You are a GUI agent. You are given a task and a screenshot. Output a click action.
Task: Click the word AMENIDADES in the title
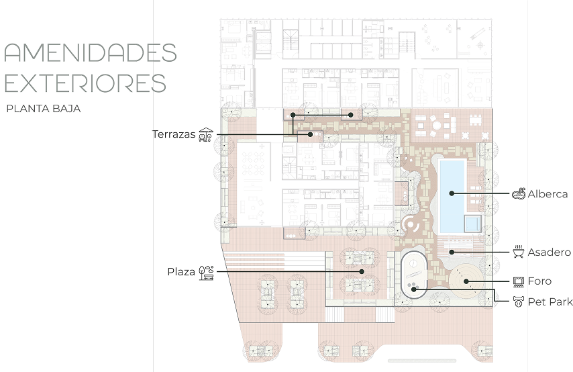[x=91, y=52]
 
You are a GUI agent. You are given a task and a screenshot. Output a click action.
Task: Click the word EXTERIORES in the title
[x=85, y=83]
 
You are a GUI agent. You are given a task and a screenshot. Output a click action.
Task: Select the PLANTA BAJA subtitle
[x=44, y=109]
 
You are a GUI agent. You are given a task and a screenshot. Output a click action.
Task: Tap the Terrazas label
[x=174, y=134]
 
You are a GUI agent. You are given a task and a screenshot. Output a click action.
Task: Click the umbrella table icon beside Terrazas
[x=206, y=134]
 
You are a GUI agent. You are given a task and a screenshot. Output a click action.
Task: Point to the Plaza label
[x=181, y=272]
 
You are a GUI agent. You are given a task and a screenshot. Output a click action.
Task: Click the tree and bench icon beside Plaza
[x=206, y=273]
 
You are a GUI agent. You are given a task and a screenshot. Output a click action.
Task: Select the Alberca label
[x=548, y=194]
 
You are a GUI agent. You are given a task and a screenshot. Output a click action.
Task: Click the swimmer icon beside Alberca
[x=519, y=193]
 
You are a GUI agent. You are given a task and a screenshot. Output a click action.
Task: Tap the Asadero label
[x=550, y=252]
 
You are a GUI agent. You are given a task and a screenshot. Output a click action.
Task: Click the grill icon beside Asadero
[x=519, y=252]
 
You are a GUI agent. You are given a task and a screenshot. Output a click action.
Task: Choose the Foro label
[x=539, y=281]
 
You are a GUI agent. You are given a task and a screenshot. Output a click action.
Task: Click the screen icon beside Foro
[x=519, y=281]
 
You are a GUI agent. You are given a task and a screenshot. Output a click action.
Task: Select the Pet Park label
[x=550, y=301]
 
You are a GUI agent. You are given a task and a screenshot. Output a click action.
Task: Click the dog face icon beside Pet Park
[x=519, y=301]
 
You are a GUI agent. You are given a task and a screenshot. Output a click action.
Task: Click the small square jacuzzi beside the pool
[x=472, y=224]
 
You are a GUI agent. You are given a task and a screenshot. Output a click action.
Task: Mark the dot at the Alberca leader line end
[x=452, y=193]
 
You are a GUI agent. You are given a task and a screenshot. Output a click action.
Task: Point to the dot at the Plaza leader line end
[x=362, y=271]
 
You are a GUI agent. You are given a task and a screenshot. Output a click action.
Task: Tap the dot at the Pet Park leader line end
[x=414, y=289]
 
